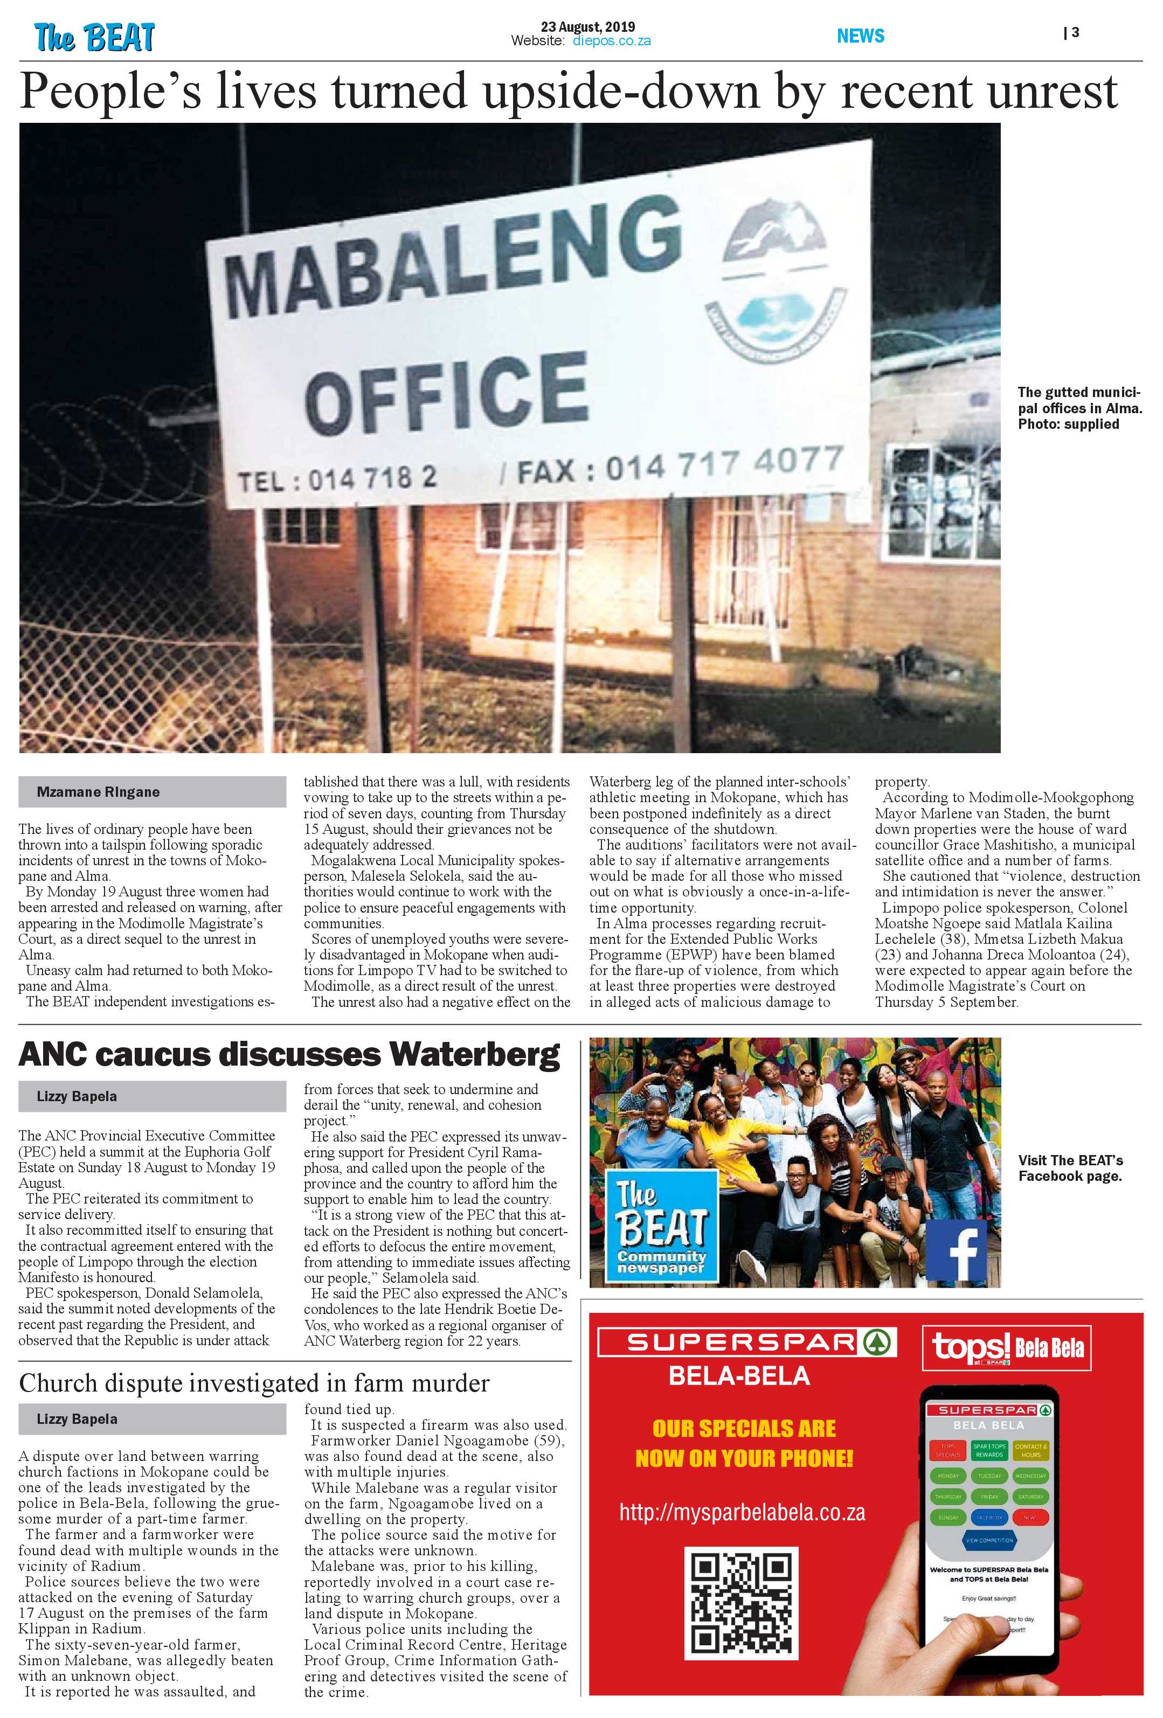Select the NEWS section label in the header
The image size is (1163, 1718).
coord(860,36)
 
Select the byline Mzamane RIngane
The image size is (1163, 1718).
coord(98,792)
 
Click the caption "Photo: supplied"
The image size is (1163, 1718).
coord(1068,425)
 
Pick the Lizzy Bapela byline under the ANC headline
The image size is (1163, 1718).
coord(77,1096)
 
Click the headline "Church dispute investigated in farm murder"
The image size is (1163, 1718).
coord(254,1382)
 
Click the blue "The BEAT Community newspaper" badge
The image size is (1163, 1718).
coord(661,1224)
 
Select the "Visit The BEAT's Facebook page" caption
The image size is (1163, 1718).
coord(1070,1168)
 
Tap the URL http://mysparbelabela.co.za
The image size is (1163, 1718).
coord(742,1513)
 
